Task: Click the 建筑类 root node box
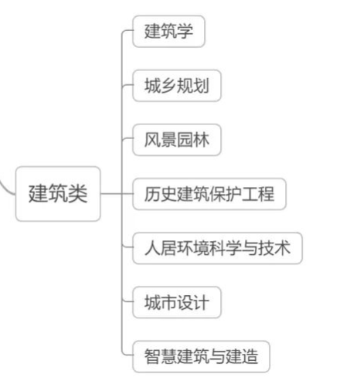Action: pyautogui.click(x=58, y=194)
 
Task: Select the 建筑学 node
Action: pyautogui.click(x=168, y=32)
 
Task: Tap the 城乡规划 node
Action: pyautogui.click(x=177, y=86)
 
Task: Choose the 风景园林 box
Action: pyautogui.click(x=177, y=140)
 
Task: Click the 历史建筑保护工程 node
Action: pyautogui.click(x=209, y=194)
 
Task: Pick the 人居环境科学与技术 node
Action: pyautogui.click(x=217, y=248)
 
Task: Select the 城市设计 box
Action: pyautogui.click(x=177, y=302)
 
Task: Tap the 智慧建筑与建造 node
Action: pyautogui.click(x=201, y=357)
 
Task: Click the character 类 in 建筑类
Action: pyautogui.click(x=78, y=194)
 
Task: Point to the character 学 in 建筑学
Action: pyautogui.click(x=185, y=32)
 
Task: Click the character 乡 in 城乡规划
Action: pyautogui.click(x=168, y=86)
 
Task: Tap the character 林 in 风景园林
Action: pyautogui.click(x=201, y=140)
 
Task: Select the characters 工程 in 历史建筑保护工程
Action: pyautogui.click(x=257, y=194)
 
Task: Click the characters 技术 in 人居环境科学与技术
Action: pyautogui.click(x=274, y=248)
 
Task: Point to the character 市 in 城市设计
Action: pyautogui.click(x=168, y=302)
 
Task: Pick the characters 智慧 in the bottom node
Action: pyautogui.click(x=161, y=357)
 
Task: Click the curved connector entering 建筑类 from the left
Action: pyautogui.click(x=5, y=188)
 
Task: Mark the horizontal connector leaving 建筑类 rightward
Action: pyautogui.click(x=117, y=193)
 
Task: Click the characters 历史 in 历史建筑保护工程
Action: pyautogui.click(x=161, y=194)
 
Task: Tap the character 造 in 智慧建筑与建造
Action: pyautogui.click(x=250, y=357)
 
